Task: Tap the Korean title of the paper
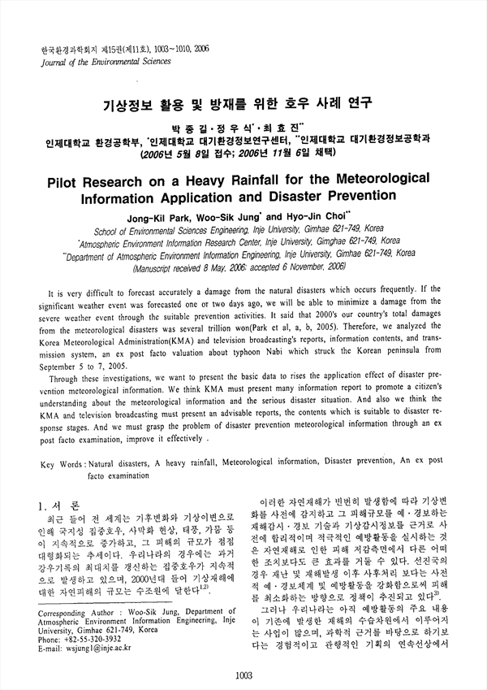(243, 104)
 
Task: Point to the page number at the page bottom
(243, 674)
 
